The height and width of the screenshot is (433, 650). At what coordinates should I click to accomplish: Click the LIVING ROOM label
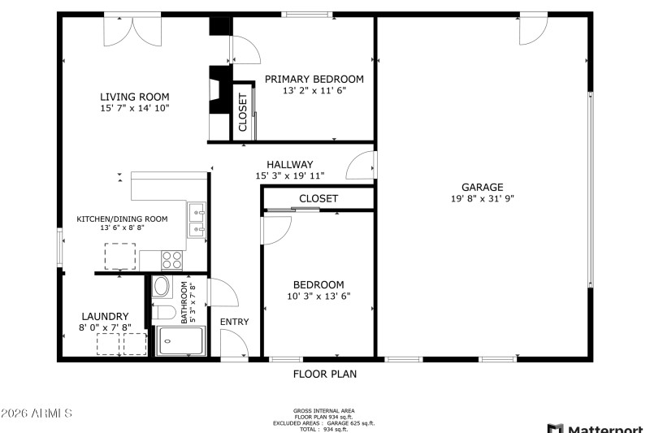[x=135, y=96]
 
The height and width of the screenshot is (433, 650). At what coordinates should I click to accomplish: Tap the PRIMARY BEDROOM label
[x=314, y=79]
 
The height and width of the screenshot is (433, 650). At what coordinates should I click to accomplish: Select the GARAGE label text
[x=483, y=187]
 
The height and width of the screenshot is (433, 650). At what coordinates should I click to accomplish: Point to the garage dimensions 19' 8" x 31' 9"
[x=483, y=198]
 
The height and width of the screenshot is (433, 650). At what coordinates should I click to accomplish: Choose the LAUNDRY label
[x=105, y=316]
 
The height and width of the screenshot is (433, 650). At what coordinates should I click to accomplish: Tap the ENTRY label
[x=235, y=322]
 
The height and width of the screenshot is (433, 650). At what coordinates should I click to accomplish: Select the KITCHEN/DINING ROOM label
[x=122, y=219]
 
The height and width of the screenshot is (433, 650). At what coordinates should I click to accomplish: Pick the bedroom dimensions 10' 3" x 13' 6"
[x=318, y=297]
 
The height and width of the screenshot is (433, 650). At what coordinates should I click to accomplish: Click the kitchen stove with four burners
[x=172, y=259]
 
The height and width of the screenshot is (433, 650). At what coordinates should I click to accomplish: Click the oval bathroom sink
[x=161, y=287]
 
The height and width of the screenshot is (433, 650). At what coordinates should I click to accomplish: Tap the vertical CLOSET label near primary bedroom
[x=243, y=112]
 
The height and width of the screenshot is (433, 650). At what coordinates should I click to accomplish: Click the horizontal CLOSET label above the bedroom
[x=318, y=198]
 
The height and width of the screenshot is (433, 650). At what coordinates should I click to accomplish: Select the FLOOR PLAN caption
[x=324, y=375]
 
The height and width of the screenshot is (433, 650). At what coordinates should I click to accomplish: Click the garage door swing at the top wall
[x=532, y=30]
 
